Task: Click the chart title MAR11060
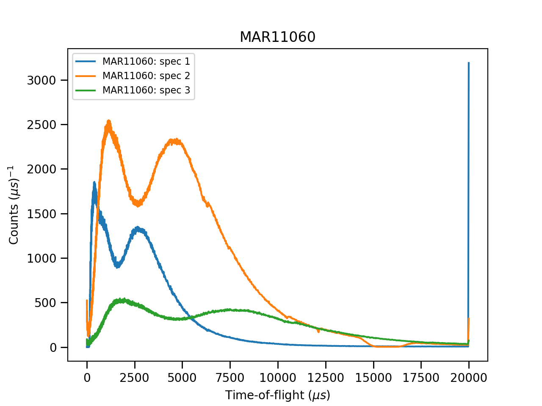pos(277,37)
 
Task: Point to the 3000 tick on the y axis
pos(41,80)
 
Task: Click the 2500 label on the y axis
pos(41,125)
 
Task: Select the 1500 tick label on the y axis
pos(41,214)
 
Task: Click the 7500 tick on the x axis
pos(230,378)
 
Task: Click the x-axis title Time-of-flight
pos(277,395)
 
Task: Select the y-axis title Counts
pos(14,205)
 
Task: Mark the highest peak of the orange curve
pos(109,121)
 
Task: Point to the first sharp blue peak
pos(94,183)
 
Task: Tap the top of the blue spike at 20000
pos(468,63)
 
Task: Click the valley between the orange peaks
pos(138,204)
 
